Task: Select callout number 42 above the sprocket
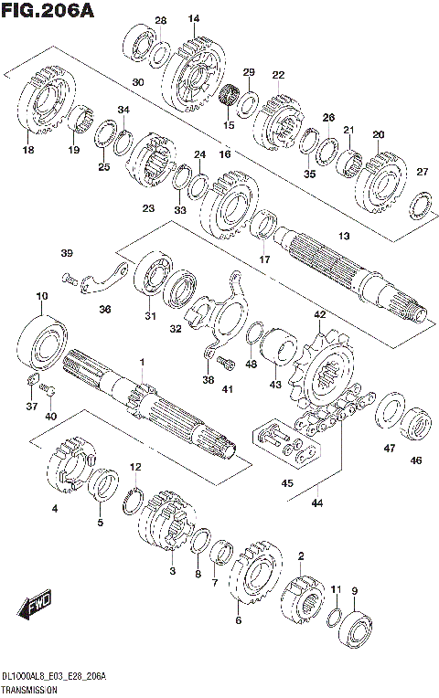(x=319, y=314)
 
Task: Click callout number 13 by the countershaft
(x=344, y=237)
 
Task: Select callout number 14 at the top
(x=194, y=18)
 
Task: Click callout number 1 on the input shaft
(x=143, y=363)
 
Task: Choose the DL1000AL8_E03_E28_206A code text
(x=55, y=676)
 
